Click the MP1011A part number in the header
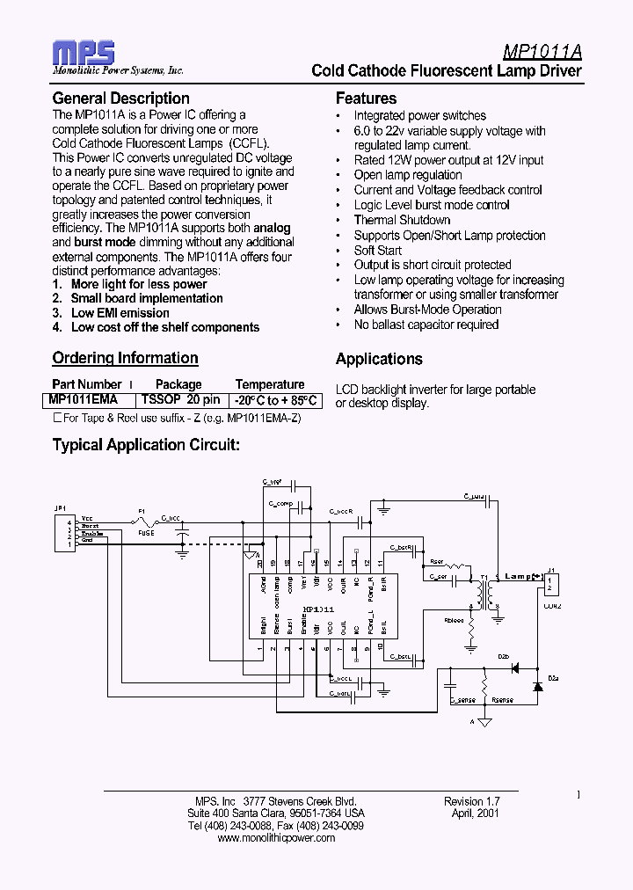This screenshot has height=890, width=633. [542, 52]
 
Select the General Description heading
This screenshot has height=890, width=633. [120, 98]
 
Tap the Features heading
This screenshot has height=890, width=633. [366, 98]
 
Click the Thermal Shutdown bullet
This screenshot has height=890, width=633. [402, 220]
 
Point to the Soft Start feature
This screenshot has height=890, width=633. [377, 250]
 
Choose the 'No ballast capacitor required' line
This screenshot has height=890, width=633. [426, 325]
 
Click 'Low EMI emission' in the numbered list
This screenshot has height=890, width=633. [120, 312]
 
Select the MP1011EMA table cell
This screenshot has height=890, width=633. [85, 399]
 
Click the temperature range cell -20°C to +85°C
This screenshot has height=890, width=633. [275, 399]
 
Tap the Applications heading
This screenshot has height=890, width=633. [379, 359]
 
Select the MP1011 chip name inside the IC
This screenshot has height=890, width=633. [316, 609]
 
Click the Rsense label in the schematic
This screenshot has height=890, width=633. [502, 701]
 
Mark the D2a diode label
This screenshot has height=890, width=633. [553, 678]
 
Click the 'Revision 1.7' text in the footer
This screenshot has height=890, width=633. [471, 802]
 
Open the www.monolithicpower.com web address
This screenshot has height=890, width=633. [275, 838]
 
